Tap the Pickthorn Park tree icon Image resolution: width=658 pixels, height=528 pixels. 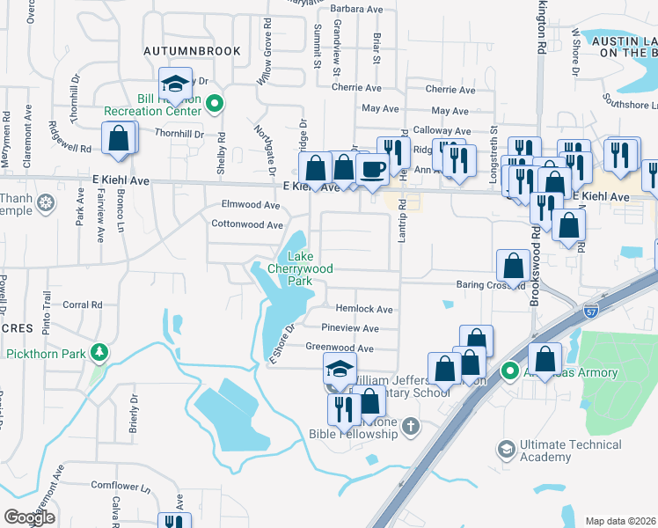pos(100,353)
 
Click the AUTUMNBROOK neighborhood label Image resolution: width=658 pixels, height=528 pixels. pos(193,52)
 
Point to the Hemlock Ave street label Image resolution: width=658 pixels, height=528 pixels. pos(363,309)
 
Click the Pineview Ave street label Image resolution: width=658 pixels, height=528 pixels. pos(349,328)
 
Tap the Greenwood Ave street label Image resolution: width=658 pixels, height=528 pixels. pos(334,348)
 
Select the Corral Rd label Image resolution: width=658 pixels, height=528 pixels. pos(84,305)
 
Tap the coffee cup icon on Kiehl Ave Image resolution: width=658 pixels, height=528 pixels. pos(373,169)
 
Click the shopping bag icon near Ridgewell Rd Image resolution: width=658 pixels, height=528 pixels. pos(118,139)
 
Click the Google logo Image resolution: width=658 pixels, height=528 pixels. pos(29,517)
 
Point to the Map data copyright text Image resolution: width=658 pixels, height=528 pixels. pos(620,521)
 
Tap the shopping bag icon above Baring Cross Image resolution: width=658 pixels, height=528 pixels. pos(512,264)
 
